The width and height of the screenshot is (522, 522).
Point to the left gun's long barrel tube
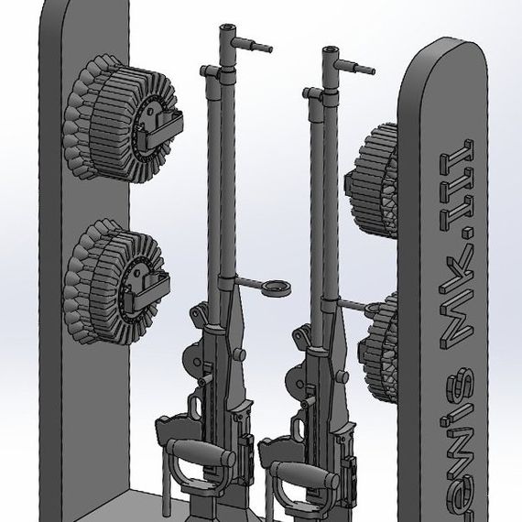click(x=217, y=183)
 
